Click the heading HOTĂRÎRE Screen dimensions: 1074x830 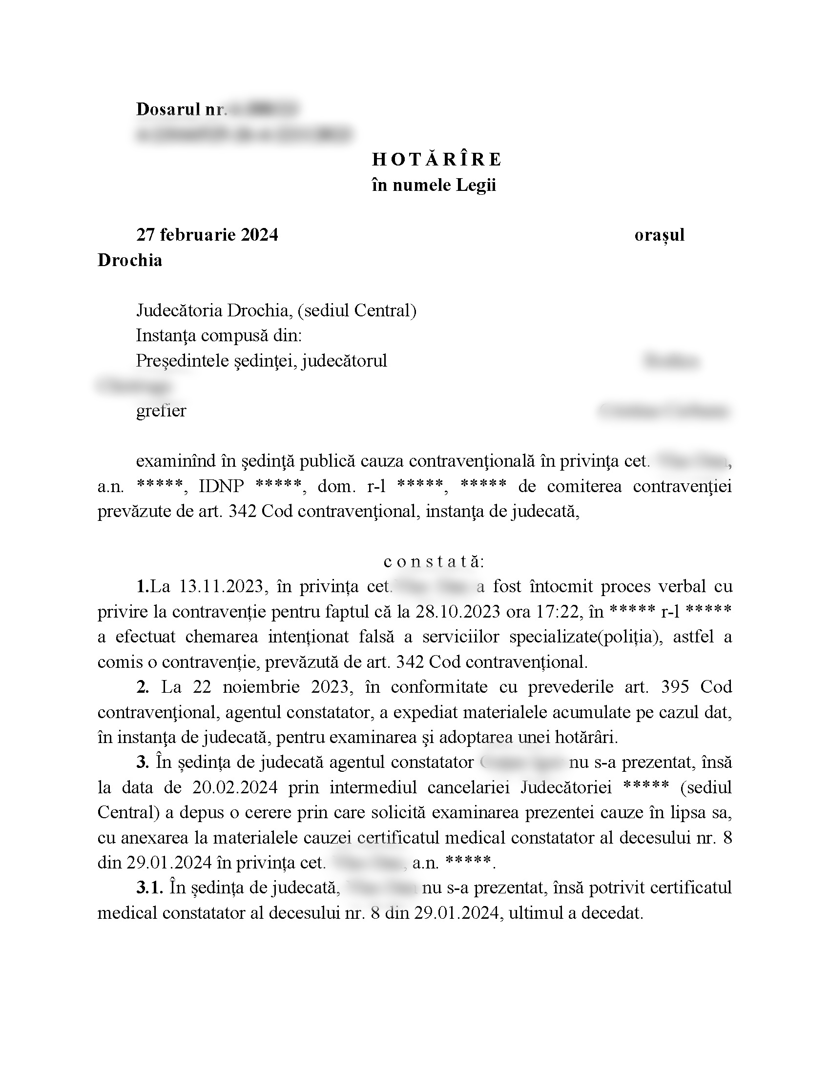[x=436, y=160]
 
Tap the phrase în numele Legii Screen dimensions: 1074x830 [x=434, y=186]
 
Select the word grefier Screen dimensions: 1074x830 [x=161, y=411]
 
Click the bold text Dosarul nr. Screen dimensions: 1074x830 [x=181, y=109]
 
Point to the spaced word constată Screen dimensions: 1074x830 [x=433, y=561]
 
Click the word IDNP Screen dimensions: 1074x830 [x=221, y=486]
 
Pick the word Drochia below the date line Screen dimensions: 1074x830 [x=130, y=260]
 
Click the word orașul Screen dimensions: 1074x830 [x=659, y=235]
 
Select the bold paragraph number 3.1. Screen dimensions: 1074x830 [x=150, y=888]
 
